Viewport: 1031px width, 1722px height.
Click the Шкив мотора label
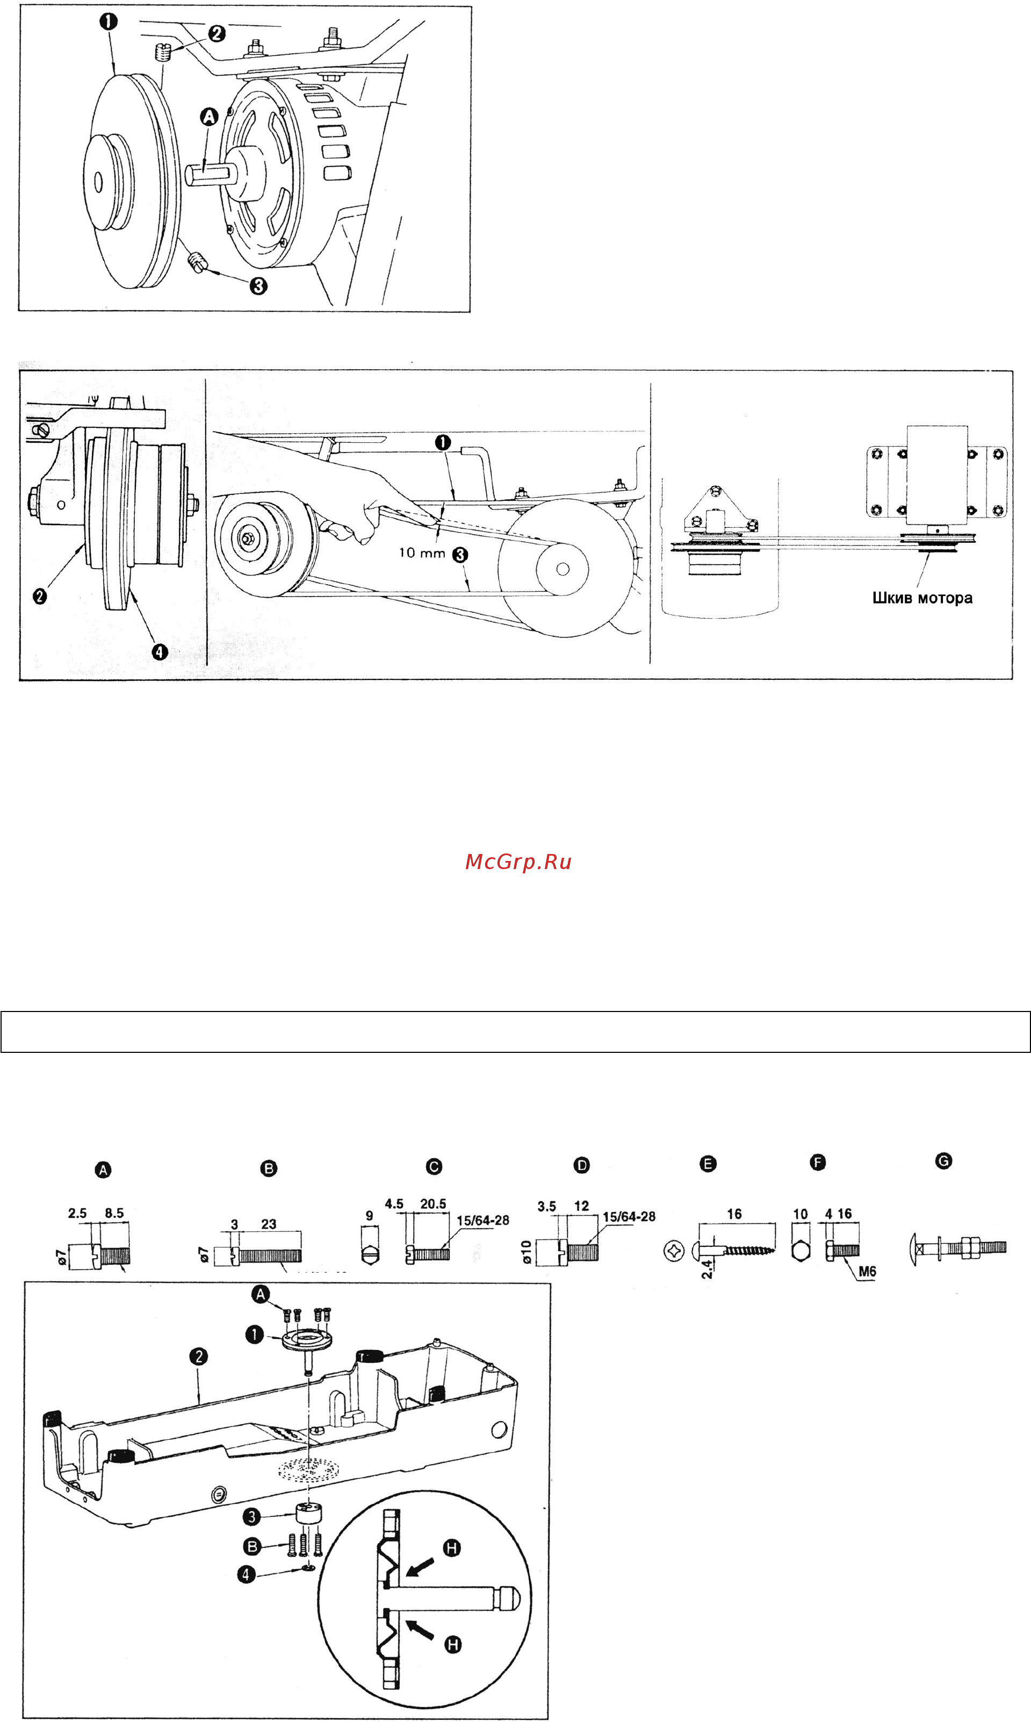pos(922,598)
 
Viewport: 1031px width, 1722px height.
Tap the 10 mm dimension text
pos(421,553)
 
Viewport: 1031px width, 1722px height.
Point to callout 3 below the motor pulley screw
pos(258,285)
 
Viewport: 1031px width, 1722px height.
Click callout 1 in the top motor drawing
pos(109,21)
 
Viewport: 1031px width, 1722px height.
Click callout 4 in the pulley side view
pos(160,652)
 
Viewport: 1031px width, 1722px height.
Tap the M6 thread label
pos(867,1272)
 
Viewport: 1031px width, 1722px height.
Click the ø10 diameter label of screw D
pos(527,1252)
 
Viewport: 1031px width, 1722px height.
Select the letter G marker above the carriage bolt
pos(943,1161)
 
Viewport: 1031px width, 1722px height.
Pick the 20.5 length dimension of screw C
pos(433,1203)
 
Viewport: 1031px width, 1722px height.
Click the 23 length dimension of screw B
pos(269,1224)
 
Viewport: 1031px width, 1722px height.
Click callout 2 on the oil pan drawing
pos(199,1356)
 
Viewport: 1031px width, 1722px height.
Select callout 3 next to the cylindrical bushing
pos(252,1516)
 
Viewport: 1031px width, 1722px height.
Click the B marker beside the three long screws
pos(252,1546)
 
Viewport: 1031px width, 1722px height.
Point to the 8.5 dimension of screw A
pos(114,1214)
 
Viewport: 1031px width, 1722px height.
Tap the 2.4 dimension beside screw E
pos(707,1269)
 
